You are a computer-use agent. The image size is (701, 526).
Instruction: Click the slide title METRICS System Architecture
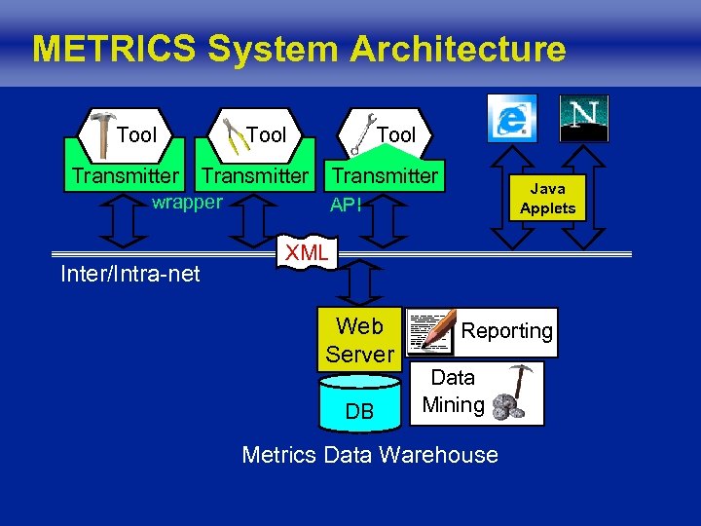tap(298, 49)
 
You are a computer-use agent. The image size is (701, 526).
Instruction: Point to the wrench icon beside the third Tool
tap(362, 133)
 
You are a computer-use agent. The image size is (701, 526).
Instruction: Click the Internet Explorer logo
tap(511, 119)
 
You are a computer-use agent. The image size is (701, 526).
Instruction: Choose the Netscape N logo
tap(584, 118)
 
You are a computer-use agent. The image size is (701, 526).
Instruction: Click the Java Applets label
tap(547, 199)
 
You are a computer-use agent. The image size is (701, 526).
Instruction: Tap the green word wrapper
tap(187, 203)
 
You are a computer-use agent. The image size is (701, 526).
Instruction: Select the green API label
tap(347, 205)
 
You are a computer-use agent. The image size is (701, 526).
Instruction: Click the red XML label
tap(306, 253)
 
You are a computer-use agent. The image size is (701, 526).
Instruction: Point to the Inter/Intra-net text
tap(130, 275)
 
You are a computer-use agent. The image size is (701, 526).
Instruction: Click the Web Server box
tap(358, 340)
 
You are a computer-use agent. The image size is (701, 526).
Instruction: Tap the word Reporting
tap(506, 331)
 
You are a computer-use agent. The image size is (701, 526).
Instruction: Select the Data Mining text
tap(454, 392)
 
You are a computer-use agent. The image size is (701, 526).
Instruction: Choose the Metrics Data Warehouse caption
tap(370, 455)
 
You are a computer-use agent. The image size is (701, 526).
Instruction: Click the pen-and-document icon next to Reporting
tap(430, 330)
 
